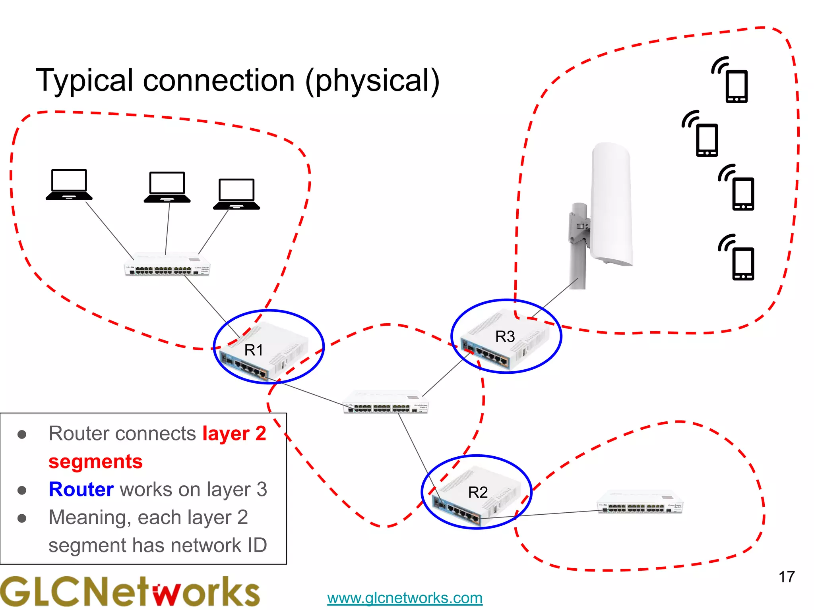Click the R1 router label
pyautogui.click(x=254, y=350)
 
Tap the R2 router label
pyautogui.click(x=478, y=492)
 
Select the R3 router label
pyautogui.click(x=505, y=337)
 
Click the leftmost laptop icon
pyautogui.click(x=69, y=185)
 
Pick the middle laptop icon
pyautogui.click(x=167, y=187)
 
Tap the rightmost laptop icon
pyautogui.click(x=236, y=194)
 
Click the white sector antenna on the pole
pyautogui.click(x=610, y=205)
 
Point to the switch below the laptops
pyautogui.click(x=167, y=264)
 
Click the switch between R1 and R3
pyautogui.click(x=386, y=402)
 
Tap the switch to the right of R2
pyautogui.click(x=640, y=502)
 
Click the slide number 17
pyautogui.click(x=786, y=577)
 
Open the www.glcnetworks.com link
pyautogui.click(x=405, y=598)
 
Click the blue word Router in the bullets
pyautogui.click(x=81, y=489)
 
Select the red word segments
pyautogui.click(x=95, y=461)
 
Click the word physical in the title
pyautogui.click(x=372, y=81)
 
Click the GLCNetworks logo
pyautogui.click(x=130, y=592)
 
